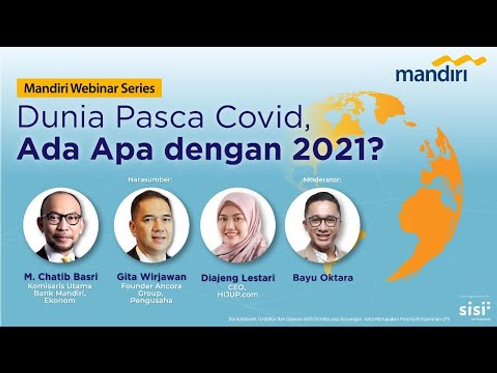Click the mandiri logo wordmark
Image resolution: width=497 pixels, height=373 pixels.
(431, 74)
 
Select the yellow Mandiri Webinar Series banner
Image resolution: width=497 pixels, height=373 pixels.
(90, 88)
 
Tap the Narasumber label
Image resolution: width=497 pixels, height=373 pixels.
(150, 180)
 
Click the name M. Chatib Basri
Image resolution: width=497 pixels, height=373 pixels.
(61, 277)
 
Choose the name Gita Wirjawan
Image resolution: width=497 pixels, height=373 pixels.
(151, 277)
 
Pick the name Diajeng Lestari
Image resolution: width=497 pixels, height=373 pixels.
(238, 278)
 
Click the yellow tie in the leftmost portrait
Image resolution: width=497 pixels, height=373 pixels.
(66, 257)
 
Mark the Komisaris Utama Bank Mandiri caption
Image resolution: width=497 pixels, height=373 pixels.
(61, 289)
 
